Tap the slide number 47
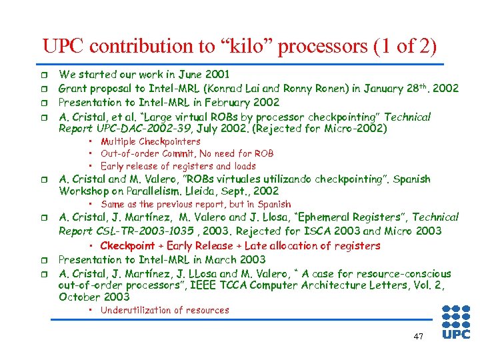point(418,337)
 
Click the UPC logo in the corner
point(456,322)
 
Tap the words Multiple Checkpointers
point(150,141)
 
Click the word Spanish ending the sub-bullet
point(273,204)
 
